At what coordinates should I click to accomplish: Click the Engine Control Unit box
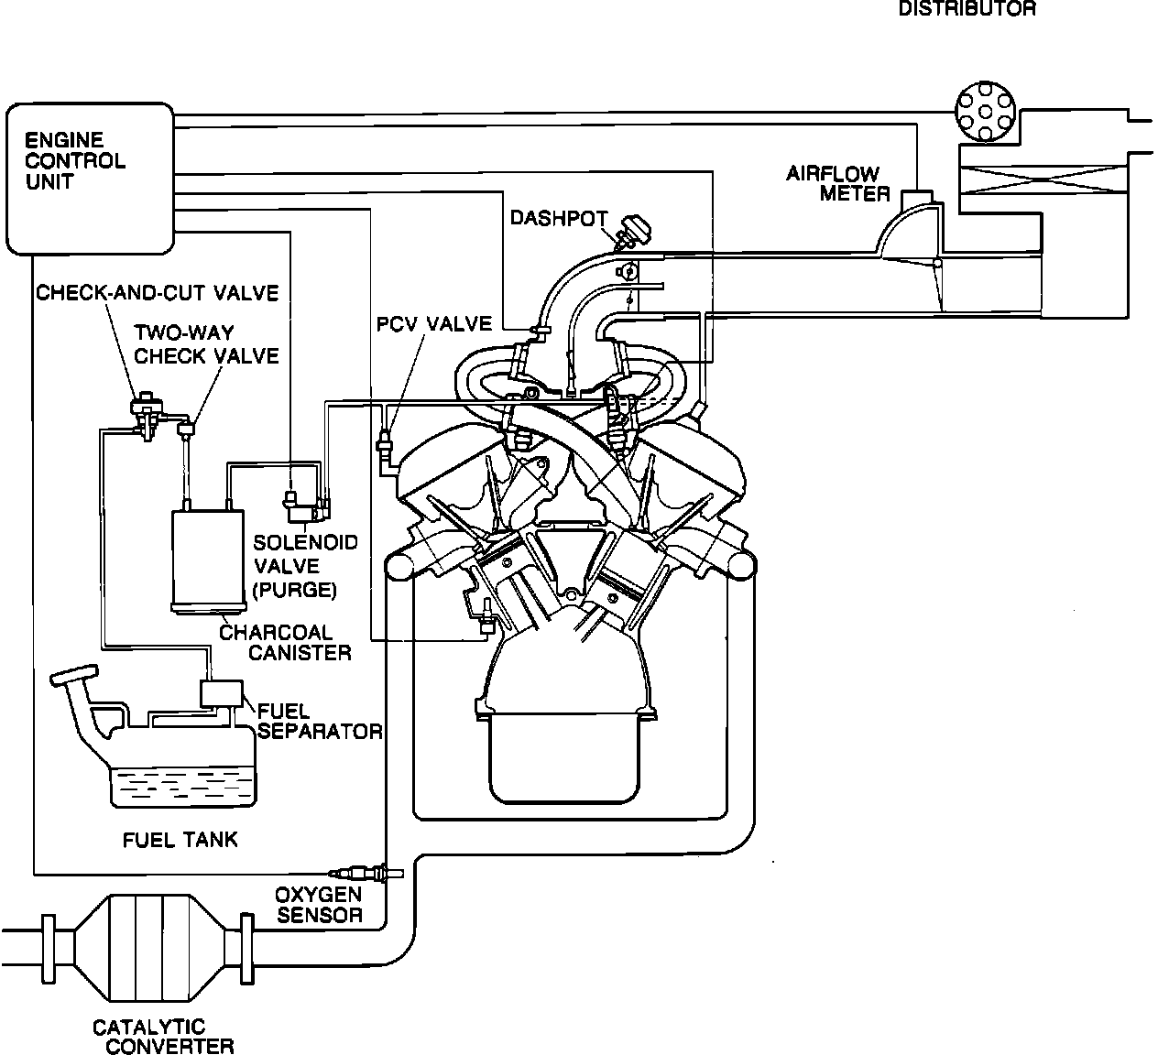[89, 178]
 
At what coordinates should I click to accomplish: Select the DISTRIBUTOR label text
[967, 9]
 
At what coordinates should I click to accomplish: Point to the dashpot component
[628, 231]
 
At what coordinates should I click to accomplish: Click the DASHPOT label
[559, 218]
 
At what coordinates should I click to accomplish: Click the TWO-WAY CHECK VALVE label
[206, 343]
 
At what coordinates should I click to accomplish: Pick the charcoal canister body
[208, 559]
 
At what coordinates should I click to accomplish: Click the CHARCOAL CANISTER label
[275, 642]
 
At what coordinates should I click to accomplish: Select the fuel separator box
[221, 693]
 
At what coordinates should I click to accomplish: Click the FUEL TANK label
[180, 839]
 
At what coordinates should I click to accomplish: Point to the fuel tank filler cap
[72, 677]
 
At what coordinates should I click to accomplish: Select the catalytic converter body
[147, 948]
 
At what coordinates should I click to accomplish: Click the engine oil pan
[563, 759]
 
